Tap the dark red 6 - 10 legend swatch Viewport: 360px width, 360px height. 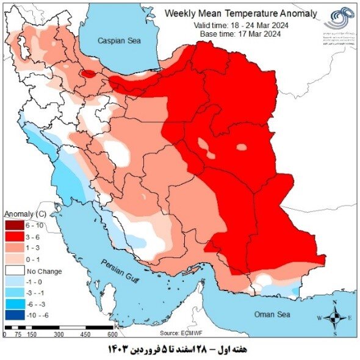[14, 226]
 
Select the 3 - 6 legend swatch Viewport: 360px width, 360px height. [14, 236]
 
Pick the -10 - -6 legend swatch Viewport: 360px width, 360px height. [14, 315]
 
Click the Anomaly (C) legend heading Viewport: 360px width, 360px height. [25, 214]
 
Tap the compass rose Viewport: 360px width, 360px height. [334, 318]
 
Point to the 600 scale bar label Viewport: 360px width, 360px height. [112, 334]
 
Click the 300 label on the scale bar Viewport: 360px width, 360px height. [59, 334]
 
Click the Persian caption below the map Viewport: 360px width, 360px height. [180, 350]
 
